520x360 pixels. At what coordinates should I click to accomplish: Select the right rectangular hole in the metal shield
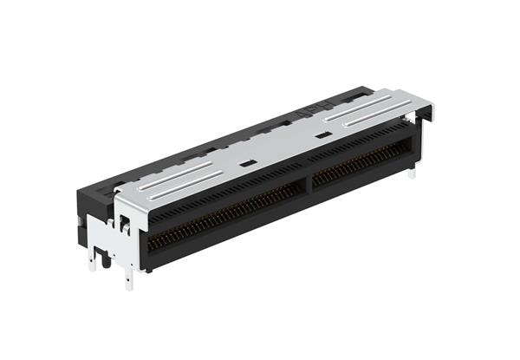tap(322, 135)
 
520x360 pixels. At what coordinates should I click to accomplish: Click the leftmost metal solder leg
tap(92, 260)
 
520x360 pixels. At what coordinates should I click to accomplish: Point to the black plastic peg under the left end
tap(105, 256)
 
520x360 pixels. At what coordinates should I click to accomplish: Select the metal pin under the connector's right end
tap(412, 173)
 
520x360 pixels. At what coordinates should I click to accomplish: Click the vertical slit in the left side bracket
tap(125, 227)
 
